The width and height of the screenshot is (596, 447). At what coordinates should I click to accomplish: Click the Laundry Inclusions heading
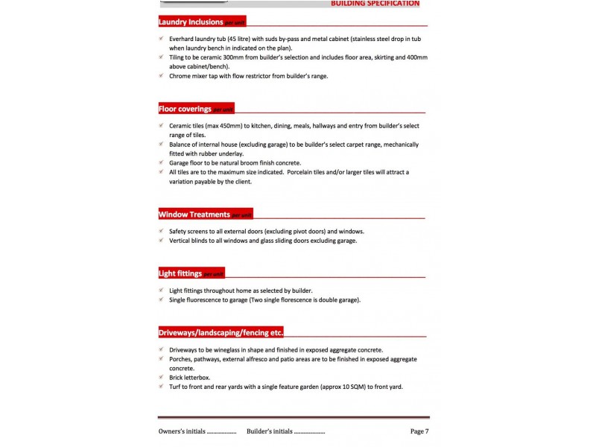[x=191, y=22]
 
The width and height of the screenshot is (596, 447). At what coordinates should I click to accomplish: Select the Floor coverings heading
[x=186, y=109]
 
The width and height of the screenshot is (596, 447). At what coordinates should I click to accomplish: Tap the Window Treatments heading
[x=194, y=215]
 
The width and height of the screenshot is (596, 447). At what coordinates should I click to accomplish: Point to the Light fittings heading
[x=180, y=273]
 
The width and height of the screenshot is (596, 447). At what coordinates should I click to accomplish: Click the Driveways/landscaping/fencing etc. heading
[x=221, y=332]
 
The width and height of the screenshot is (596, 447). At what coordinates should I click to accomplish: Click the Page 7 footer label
[x=419, y=431]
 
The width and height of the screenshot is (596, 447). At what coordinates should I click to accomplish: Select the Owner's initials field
[x=197, y=431]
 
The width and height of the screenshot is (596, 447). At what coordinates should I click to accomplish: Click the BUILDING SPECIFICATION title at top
[x=375, y=4]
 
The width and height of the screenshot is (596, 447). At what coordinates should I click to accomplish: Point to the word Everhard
[x=183, y=39]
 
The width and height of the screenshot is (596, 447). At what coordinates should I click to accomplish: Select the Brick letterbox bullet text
[x=189, y=378]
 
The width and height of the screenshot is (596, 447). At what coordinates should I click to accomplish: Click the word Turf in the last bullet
[x=176, y=387]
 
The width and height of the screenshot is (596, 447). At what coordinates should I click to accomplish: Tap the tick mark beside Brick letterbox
[x=162, y=378]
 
